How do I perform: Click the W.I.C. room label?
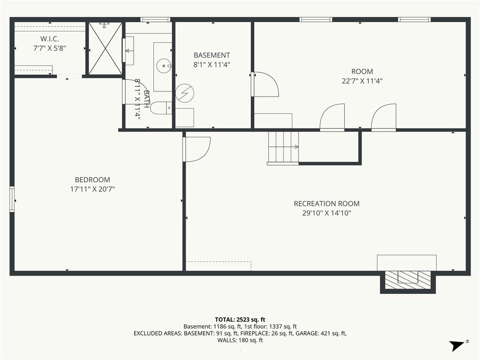tap(50, 39)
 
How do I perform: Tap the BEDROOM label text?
tap(92, 180)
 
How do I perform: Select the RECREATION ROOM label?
tap(327, 203)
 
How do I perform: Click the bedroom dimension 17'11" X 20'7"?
tap(92, 189)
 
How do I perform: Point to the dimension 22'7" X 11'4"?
tap(362, 81)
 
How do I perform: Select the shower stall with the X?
tap(105, 48)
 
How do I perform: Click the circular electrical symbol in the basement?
tap(185, 93)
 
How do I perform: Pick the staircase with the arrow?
tap(283, 147)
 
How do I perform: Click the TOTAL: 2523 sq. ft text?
tap(240, 320)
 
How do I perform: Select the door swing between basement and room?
tap(265, 84)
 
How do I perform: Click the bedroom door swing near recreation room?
tap(196, 149)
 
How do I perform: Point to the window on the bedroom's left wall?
tap(12, 199)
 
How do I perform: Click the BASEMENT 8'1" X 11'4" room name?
tap(212, 55)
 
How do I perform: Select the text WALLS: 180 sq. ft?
tap(240, 340)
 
